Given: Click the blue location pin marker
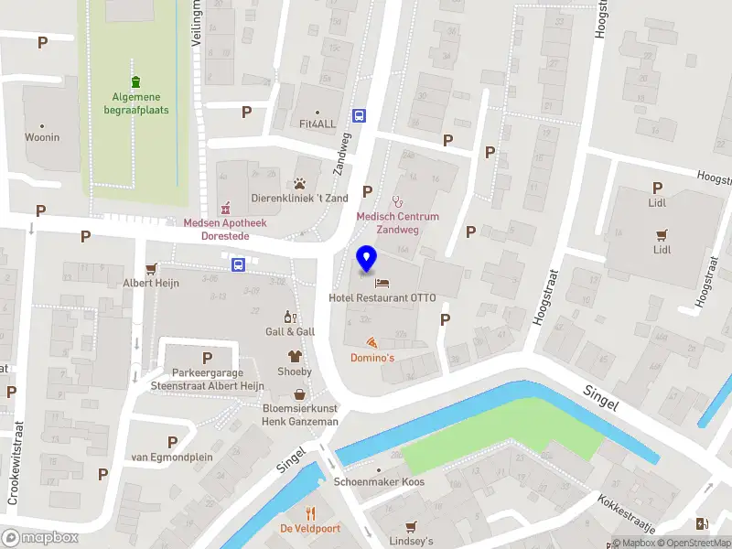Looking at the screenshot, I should [x=366, y=259].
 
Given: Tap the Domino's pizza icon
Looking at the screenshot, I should [x=372, y=342].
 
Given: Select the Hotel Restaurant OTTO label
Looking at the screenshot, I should [x=382, y=297].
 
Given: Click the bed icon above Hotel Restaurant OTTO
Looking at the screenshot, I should [x=382, y=282].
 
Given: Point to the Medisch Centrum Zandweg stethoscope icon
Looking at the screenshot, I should [x=397, y=199].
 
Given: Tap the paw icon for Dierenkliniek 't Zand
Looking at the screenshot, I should [x=299, y=184].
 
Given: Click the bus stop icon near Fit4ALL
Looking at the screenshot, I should [x=360, y=116].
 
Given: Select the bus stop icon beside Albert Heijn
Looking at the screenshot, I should [x=239, y=265].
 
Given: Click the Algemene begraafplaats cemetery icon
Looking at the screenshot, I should [x=135, y=82].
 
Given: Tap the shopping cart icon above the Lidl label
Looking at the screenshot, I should [x=662, y=233].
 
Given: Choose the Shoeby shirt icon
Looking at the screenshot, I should [x=295, y=357].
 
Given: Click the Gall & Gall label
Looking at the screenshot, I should [x=290, y=331].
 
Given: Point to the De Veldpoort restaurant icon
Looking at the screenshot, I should [x=311, y=513].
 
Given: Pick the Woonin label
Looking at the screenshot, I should [x=42, y=138].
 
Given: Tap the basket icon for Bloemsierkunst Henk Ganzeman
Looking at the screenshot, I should [x=299, y=394].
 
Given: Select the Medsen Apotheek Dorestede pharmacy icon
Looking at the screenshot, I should [x=225, y=207].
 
